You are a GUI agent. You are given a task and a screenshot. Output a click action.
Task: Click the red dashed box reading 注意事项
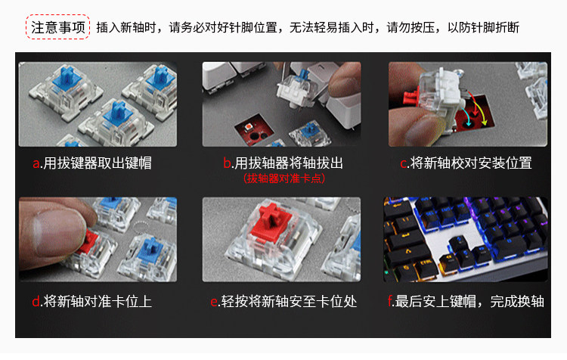coord(57,26)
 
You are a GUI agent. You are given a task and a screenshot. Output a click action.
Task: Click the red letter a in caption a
coord(36,163)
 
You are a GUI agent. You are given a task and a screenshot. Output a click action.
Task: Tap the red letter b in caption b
coord(227,163)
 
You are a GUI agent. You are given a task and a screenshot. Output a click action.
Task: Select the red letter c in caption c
coord(404,163)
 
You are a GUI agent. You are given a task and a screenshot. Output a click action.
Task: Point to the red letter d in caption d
coord(36,302)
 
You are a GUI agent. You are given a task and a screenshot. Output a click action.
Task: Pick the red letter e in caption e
coord(214,302)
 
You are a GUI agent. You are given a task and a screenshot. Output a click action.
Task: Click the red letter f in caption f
coord(390,301)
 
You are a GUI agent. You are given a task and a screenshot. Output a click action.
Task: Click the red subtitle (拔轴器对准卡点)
coord(283,178)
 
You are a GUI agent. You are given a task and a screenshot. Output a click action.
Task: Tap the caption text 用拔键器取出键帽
coord(98,163)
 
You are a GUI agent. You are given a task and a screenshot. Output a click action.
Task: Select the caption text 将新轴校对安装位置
coord(471,163)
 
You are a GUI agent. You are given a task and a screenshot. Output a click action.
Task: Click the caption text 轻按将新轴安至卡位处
coord(289,302)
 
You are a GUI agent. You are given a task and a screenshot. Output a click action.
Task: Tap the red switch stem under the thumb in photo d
coord(88,242)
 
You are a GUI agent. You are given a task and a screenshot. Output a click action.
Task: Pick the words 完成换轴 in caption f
coord(517,302)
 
